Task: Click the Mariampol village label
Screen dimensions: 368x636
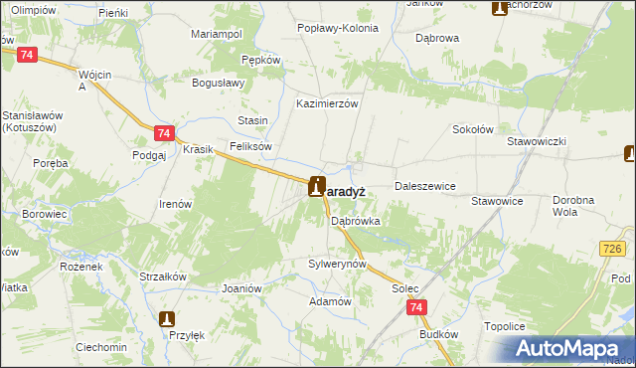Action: [x=217, y=34]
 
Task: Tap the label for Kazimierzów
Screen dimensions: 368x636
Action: [x=327, y=103]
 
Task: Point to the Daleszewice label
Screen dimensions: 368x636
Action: [x=424, y=186]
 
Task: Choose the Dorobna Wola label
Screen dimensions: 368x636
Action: [x=578, y=206]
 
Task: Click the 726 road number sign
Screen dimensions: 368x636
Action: [x=614, y=247]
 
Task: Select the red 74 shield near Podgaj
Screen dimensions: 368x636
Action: [x=165, y=133]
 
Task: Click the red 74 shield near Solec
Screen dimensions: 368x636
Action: [x=417, y=309]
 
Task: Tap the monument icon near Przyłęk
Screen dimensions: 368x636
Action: [x=167, y=319]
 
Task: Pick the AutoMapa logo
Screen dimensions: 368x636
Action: [x=571, y=349]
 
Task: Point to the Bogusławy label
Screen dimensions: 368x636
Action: [x=218, y=83]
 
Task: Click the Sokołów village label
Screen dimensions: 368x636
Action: [x=473, y=129]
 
